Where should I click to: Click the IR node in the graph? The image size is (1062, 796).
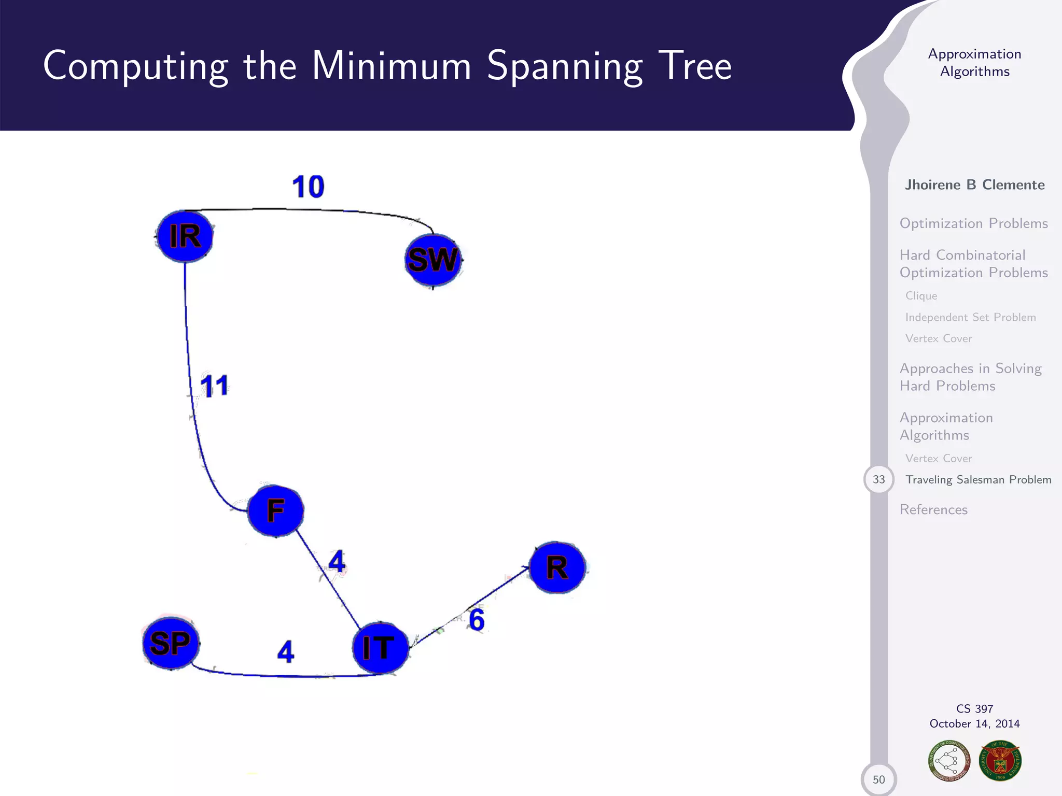pos(185,236)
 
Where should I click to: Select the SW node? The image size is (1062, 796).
pos(433,260)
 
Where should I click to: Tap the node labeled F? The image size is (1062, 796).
pos(275,510)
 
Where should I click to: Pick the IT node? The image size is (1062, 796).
pos(380,648)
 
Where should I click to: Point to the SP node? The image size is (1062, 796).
pos(171,644)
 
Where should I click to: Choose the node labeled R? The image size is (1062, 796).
pos(557,568)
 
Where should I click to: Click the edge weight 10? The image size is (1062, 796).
pos(308,187)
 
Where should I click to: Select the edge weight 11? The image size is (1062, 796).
pos(214,387)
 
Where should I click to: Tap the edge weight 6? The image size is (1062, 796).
pos(477,620)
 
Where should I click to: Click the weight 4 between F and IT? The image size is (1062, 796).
pos(337,562)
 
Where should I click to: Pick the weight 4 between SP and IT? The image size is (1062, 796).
pos(286,652)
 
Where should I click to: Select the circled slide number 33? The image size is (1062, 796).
pos(878,479)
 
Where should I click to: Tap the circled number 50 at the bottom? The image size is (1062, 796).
pos(878,779)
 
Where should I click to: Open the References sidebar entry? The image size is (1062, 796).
pos(933,510)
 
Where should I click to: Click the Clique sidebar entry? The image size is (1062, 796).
pos(921,296)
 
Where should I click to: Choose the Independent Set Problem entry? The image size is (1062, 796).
pos(970,317)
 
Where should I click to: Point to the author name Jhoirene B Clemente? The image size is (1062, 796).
pos(974,185)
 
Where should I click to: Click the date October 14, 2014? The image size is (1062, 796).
pos(974,724)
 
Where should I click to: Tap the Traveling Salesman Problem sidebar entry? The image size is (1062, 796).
pos(978,480)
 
